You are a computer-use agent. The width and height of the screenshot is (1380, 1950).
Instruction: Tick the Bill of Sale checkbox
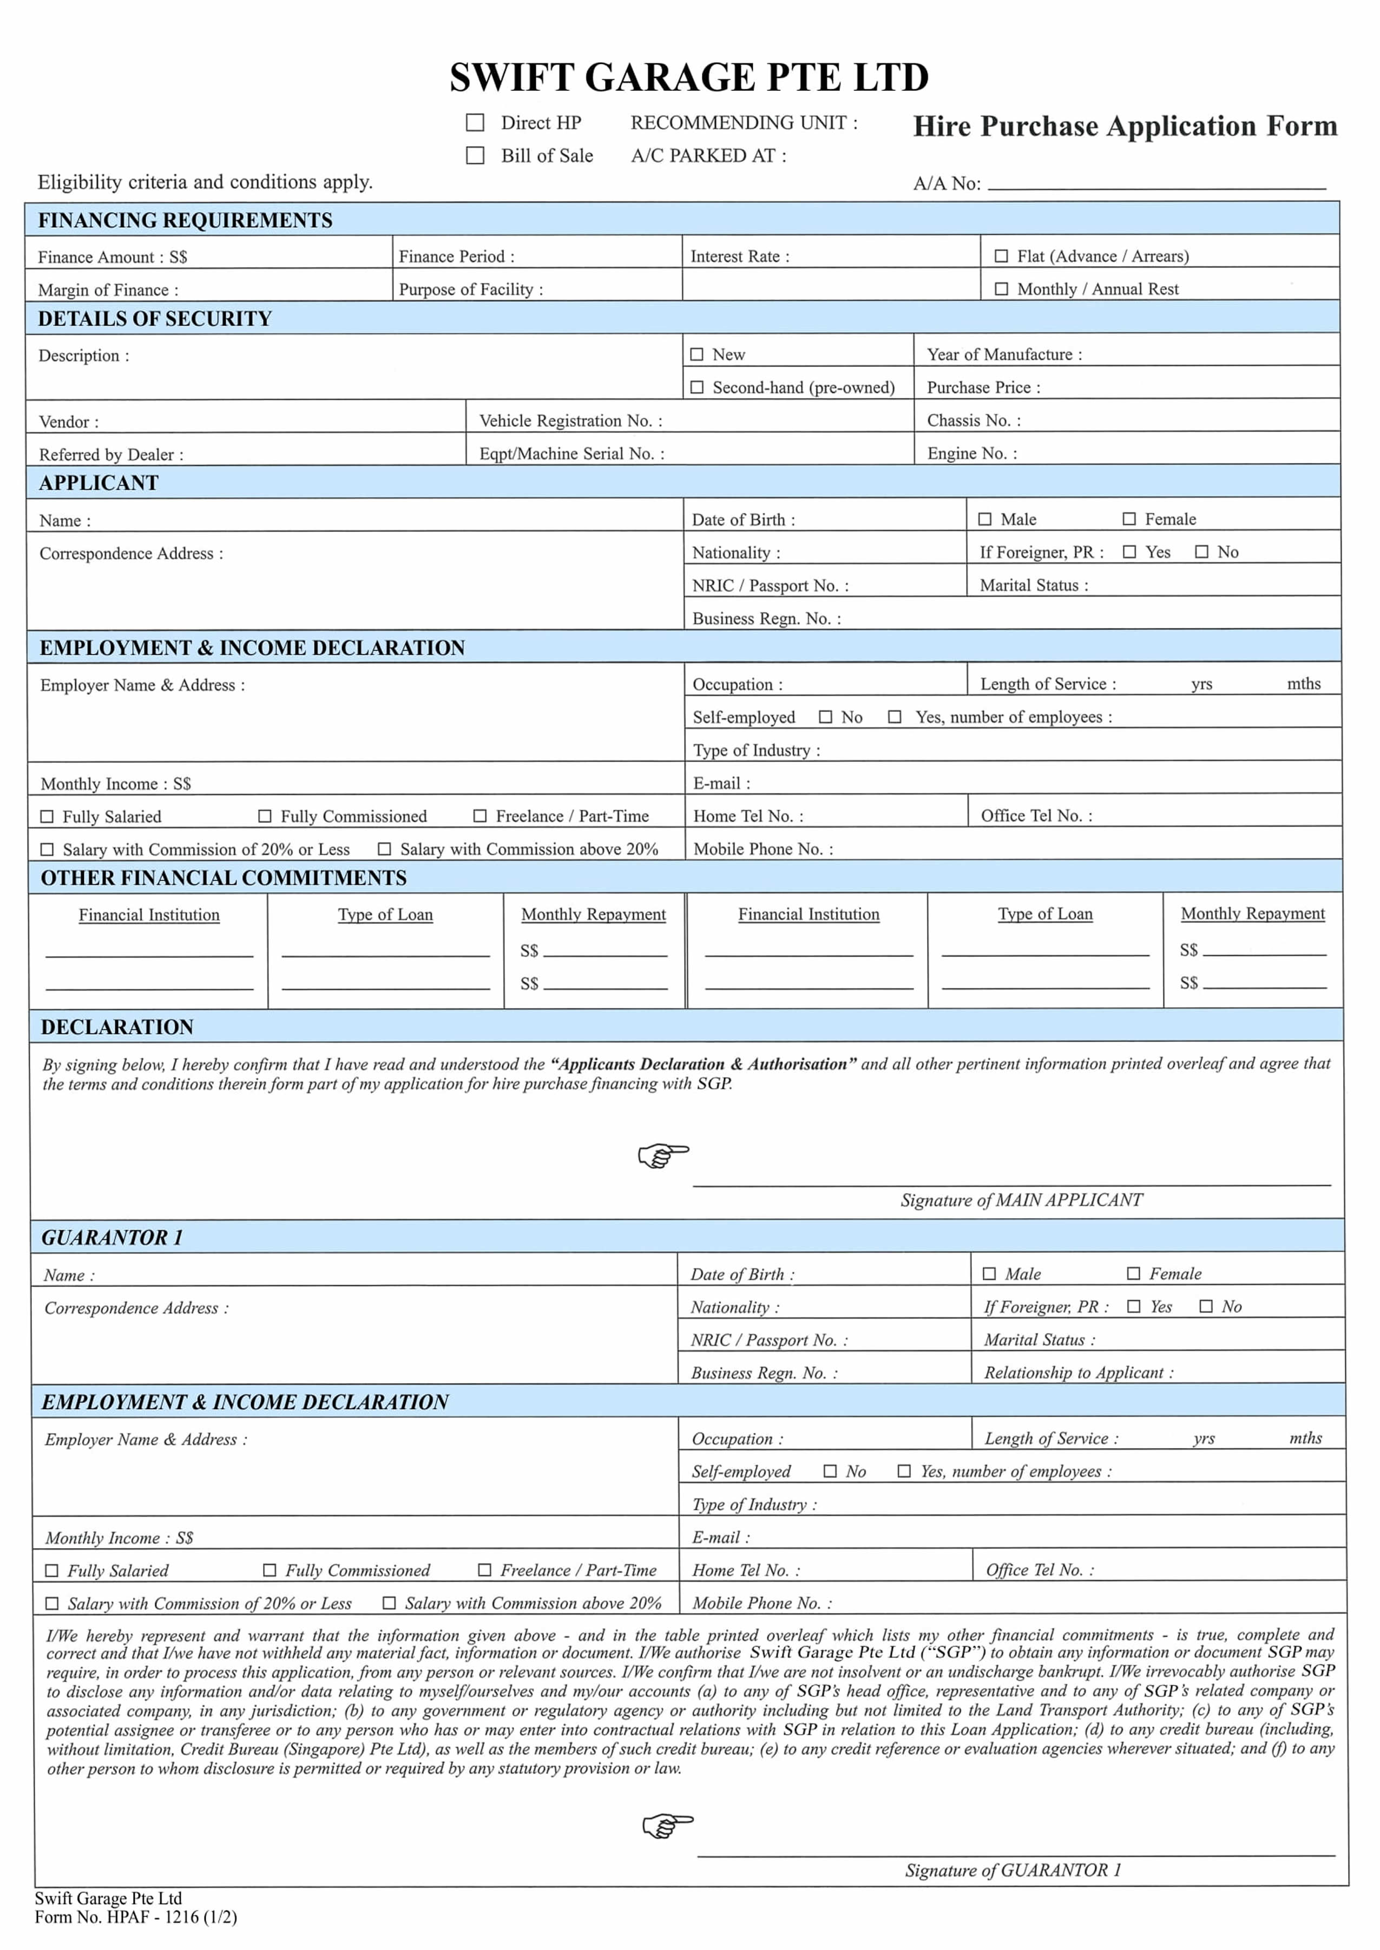tap(475, 155)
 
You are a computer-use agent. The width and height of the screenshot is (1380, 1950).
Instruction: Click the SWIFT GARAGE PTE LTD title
tap(688, 77)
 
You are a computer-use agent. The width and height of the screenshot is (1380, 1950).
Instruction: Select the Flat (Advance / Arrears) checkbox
tap(1001, 256)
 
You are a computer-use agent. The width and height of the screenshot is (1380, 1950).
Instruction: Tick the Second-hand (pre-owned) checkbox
tap(697, 387)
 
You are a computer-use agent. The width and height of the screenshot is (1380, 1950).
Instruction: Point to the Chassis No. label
tap(974, 420)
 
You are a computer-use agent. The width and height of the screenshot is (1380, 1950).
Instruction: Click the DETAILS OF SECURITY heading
tap(155, 319)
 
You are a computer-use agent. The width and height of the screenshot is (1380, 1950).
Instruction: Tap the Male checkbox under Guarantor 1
tap(989, 1274)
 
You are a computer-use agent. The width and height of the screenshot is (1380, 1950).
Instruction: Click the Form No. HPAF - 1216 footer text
tap(136, 1917)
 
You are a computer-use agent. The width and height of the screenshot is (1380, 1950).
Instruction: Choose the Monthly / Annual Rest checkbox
tap(1001, 289)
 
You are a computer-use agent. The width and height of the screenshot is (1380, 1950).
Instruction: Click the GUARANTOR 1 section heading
tap(112, 1238)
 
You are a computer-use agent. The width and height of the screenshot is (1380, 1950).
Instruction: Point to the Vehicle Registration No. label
tap(570, 420)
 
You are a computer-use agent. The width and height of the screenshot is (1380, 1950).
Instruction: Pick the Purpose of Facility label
tap(470, 289)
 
